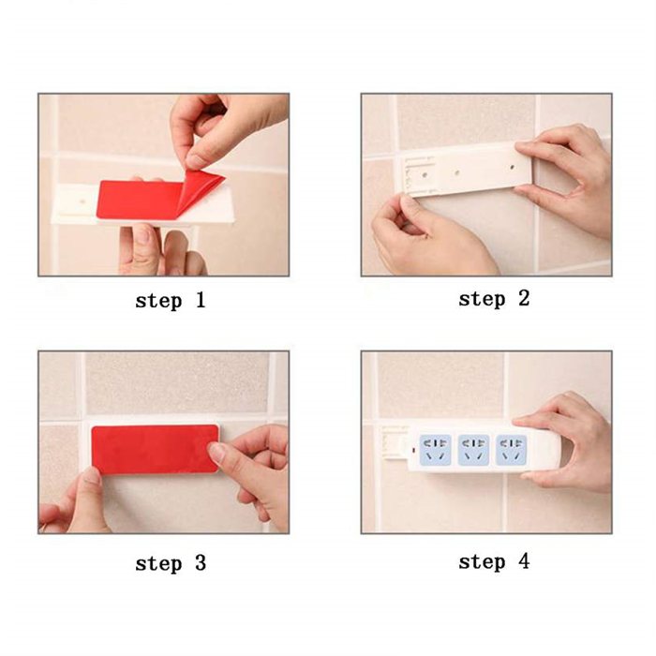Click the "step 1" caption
(x=171, y=301)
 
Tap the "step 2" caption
(x=494, y=299)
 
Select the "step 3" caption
(x=171, y=563)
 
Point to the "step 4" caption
(x=494, y=561)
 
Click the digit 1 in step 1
(x=201, y=300)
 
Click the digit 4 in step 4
(x=524, y=560)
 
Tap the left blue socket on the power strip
(x=436, y=450)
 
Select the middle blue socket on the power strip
(x=473, y=450)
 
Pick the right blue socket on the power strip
(x=512, y=450)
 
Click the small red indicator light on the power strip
(x=413, y=451)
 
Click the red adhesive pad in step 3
(x=156, y=449)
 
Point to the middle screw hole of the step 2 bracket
(x=457, y=172)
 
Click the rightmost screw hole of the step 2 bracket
(x=512, y=168)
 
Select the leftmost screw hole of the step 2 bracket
(x=425, y=174)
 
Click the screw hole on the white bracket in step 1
(x=82, y=201)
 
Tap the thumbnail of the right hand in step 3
(x=216, y=454)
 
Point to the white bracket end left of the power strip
(x=395, y=442)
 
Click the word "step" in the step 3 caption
(x=159, y=564)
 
